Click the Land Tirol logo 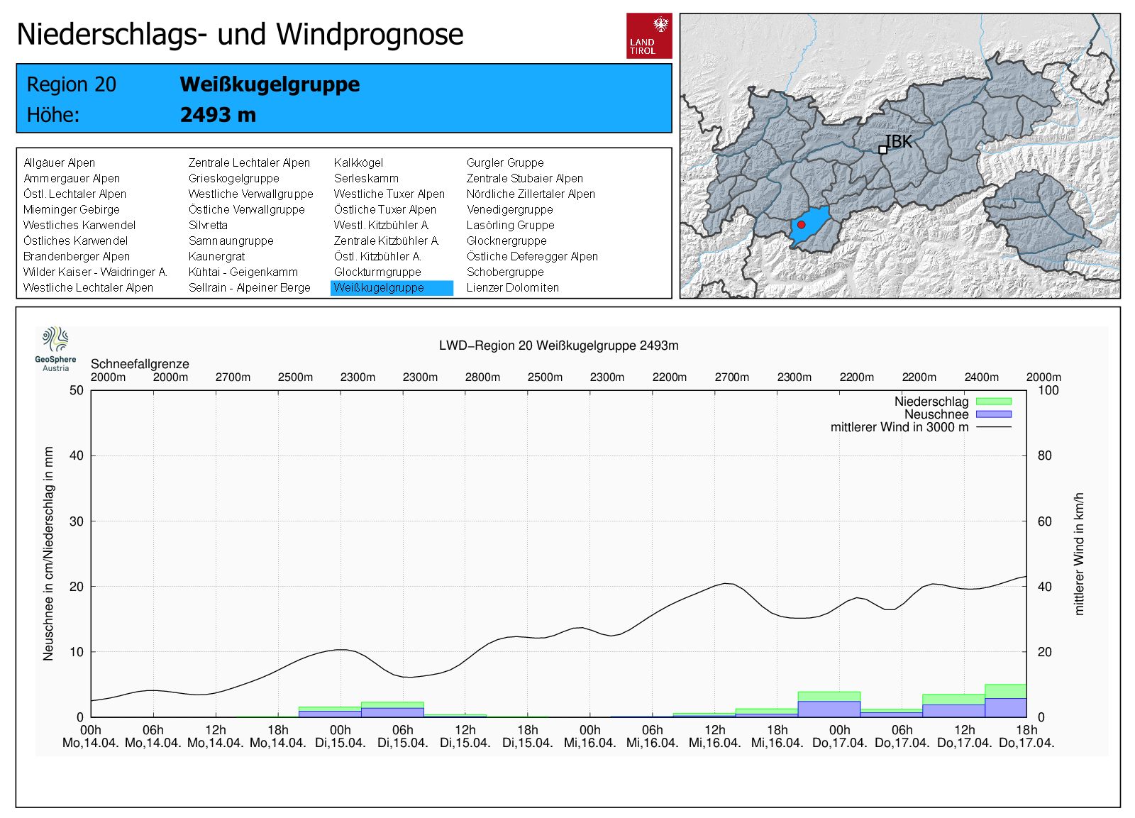(648, 35)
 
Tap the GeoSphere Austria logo (55, 348)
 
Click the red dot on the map (801, 224)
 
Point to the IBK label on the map (899, 142)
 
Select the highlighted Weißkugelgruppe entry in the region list (391, 287)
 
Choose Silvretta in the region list (208, 225)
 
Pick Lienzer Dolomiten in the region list (512, 287)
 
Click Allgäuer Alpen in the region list (59, 162)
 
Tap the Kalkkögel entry (358, 162)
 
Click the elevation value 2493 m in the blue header (218, 115)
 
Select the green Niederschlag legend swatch (993, 402)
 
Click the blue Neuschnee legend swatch (993, 414)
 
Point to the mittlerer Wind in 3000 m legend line (993, 427)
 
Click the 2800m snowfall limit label (482, 377)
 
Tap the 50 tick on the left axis (77, 390)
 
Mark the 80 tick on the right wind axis (1044, 455)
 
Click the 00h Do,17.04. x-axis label (840, 736)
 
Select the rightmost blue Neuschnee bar (1005, 707)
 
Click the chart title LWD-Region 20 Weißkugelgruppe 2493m (558, 346)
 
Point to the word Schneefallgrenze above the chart (140, 364)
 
